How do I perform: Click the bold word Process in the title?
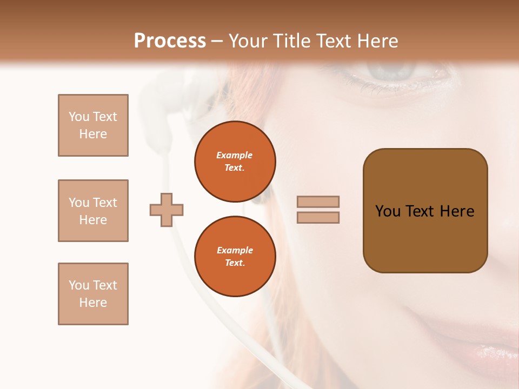coord(170,41)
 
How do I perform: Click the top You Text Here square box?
coord(93,125)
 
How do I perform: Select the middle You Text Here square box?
coord(93,211)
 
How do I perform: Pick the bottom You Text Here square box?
coord(93,294)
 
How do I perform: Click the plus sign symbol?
coord(167,210)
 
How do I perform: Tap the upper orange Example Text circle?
coord(235,162)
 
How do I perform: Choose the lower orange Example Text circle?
coord(235,257)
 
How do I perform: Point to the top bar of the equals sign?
coord(318,202)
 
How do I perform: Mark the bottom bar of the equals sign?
coord(318,218)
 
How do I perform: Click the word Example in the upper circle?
coord(235,155)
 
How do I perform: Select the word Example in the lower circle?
coord(235,250)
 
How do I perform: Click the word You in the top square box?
coord(79,117)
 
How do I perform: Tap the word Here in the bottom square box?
coord(93,303)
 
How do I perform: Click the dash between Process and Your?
coord(217,41)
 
